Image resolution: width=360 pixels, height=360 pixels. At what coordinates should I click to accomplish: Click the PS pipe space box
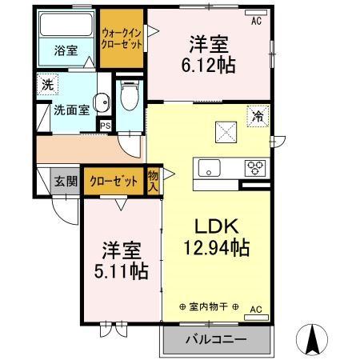click(x=106, y=124)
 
